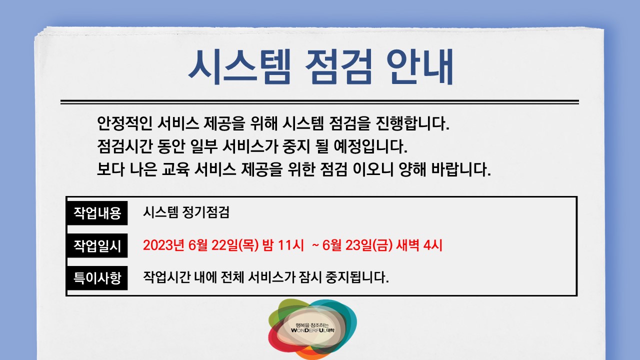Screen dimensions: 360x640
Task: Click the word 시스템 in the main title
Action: point(238,67)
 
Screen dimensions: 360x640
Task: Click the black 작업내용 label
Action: point(97,213)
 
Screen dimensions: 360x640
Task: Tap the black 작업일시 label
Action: point(97,245)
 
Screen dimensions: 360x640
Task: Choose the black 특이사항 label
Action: point(97,277)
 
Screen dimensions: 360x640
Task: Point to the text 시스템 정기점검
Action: point(186,213)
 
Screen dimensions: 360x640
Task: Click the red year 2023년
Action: point(164,245)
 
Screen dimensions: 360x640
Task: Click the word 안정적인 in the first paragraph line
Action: point(124,122)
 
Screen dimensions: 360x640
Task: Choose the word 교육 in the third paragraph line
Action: point(174,170)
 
